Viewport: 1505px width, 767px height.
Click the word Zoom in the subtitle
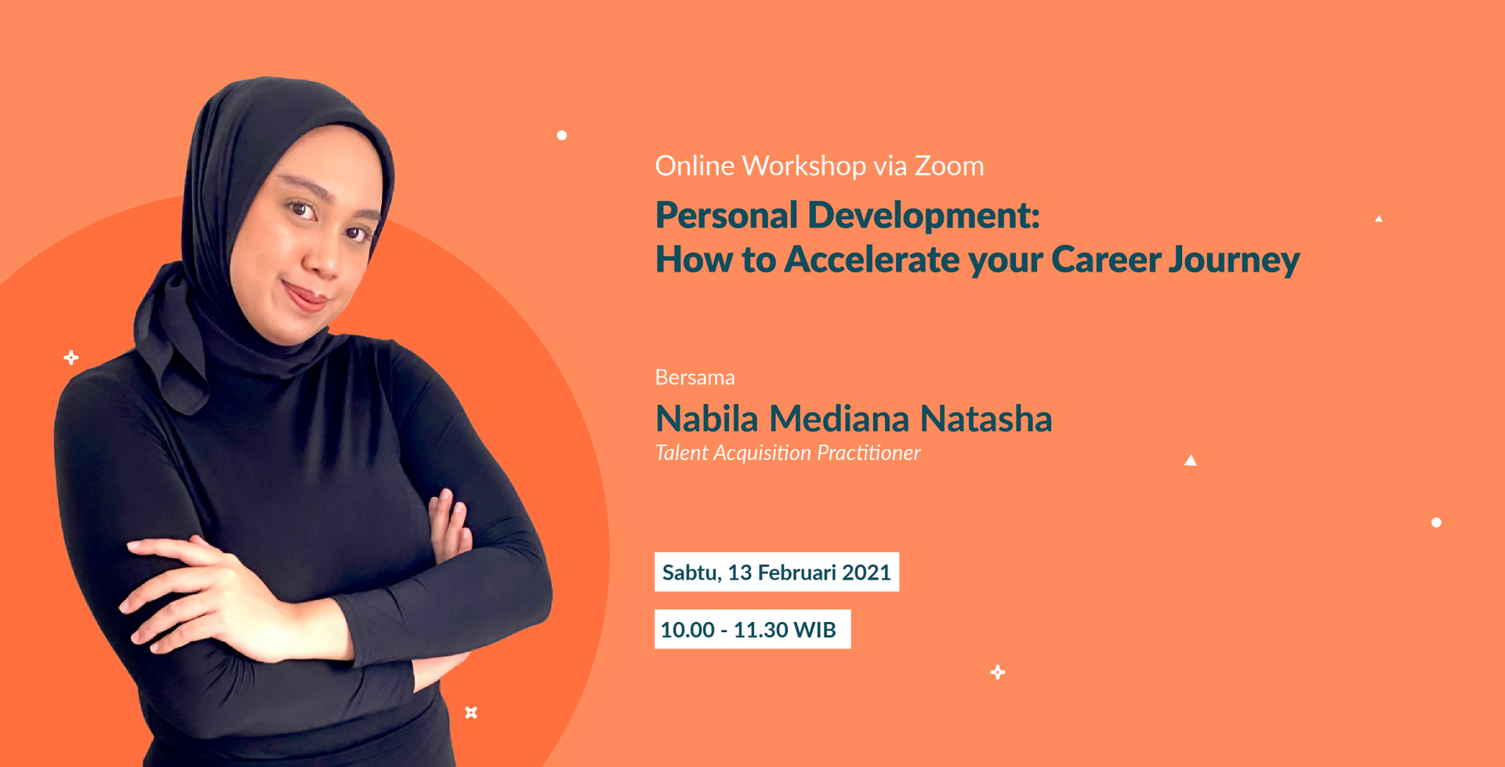point(949,166)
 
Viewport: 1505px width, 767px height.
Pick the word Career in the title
point(1105,260)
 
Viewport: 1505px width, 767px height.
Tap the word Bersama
point(694,377)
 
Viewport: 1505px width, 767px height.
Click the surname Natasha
point(986,418)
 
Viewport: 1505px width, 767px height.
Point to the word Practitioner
point(869,453)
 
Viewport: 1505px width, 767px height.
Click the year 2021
point(867,573)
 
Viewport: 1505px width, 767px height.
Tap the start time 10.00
point(687,630)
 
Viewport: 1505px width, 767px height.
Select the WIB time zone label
point(815,630)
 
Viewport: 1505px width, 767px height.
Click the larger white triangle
point(1191,461)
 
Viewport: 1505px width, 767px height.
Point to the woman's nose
point(321,256)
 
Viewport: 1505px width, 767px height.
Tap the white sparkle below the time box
point(998,672)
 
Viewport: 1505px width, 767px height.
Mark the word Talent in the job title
point(681,453)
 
